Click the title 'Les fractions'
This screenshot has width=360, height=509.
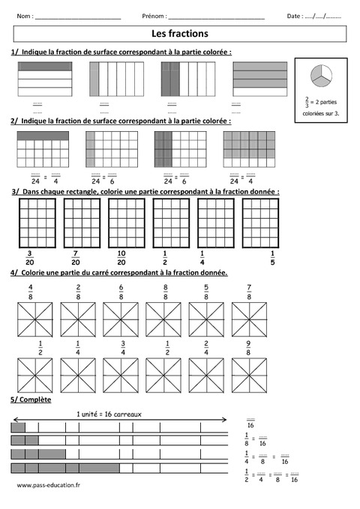(180, 34)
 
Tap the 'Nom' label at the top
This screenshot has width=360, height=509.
(25, 16)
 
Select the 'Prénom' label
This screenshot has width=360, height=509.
(153, 16)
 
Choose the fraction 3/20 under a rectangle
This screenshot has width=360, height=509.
(30, 256)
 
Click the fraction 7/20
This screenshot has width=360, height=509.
(76, 256)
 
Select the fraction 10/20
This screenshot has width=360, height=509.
(121, 256)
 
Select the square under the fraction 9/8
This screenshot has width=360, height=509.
(249, 374)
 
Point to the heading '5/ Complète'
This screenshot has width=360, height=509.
(31, 400)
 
